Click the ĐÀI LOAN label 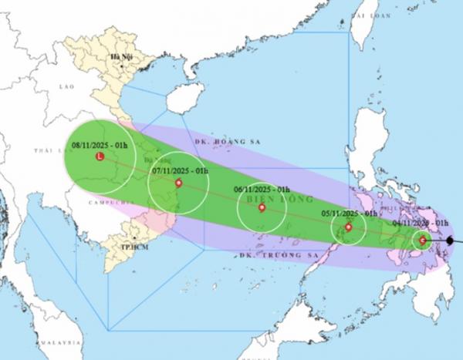(x=366, y=15)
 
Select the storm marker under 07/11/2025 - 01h (x=179, y=183)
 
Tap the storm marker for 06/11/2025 (x=262, y=207)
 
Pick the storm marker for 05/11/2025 (x=349, y=227)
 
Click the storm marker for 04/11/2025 (x=423, y=241)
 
